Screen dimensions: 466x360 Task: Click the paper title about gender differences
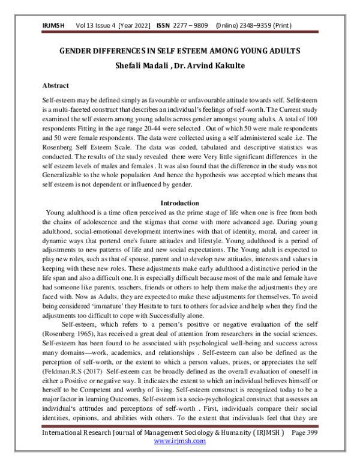point(180,52)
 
